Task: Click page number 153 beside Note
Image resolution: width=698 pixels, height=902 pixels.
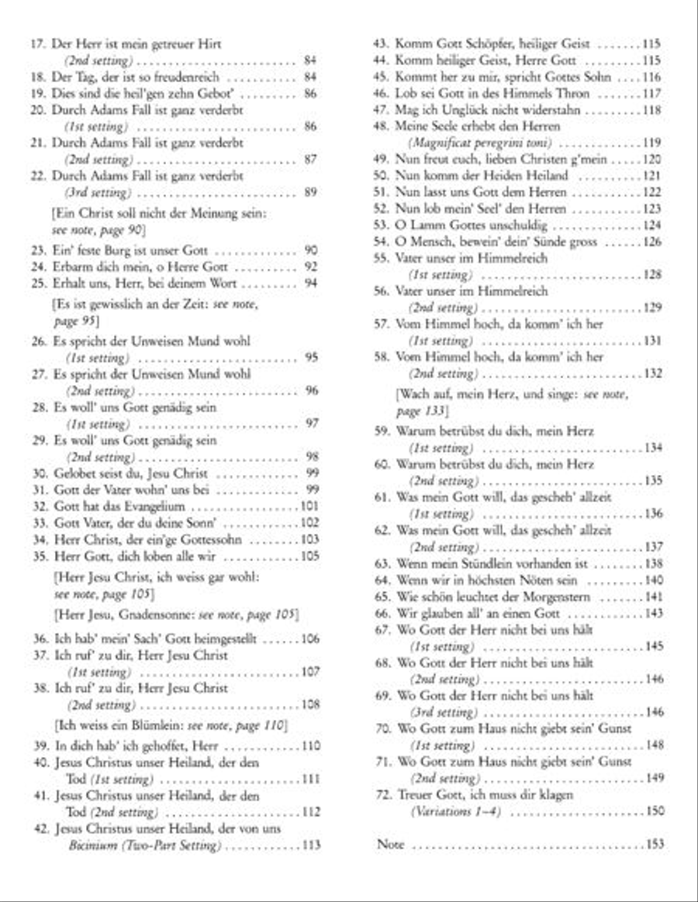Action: tap(655, 844)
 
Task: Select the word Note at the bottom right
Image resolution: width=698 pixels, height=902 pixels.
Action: tap(390, 844)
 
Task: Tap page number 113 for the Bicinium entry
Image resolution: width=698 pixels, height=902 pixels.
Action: tap(310, 845)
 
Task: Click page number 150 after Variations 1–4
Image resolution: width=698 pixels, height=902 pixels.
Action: tap(655, 811)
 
